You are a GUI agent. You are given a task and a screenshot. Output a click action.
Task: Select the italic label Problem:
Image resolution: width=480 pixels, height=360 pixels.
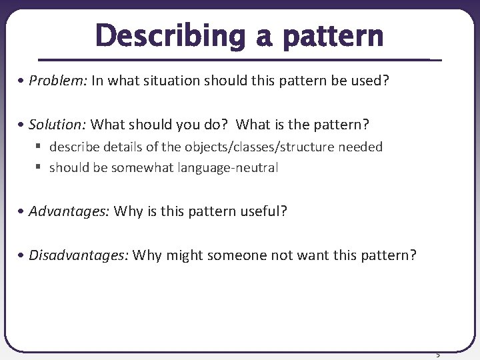tap(58, 81)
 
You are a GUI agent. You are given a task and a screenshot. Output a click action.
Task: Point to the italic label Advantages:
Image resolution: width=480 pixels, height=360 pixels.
tap(69, 212)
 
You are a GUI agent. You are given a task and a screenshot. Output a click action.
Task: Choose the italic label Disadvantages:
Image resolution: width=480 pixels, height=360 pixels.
tap(79, 255)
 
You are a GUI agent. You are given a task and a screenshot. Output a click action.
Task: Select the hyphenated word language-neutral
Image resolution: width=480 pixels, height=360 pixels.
tap(228, 168)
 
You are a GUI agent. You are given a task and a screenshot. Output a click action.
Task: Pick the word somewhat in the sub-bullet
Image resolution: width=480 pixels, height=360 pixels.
tap(142, 168)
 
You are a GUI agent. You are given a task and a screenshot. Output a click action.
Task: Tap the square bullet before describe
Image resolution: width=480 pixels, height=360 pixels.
tap(40, 147)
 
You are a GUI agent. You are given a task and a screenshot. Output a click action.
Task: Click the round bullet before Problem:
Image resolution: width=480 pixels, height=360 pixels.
tap(23, 81)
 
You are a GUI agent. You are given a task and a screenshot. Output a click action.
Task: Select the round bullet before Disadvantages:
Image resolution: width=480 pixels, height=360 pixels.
tap(23, 255)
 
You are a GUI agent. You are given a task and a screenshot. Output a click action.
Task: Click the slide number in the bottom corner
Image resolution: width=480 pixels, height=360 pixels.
tap(438, 354)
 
